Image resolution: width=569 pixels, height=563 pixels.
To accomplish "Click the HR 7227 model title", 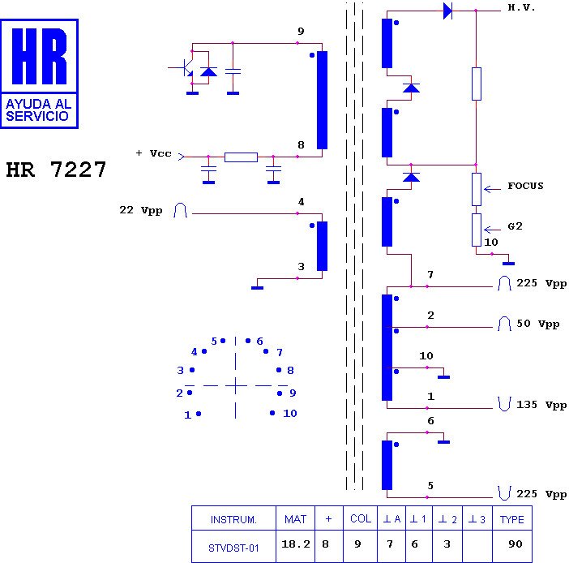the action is pyautogui.click(x=56, y=170).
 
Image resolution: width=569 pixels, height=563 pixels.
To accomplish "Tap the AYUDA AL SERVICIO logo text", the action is pyautogui.click(x=38, y=110).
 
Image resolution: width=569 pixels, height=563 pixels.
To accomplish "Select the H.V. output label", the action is pyautogui.click(x=521, y=7).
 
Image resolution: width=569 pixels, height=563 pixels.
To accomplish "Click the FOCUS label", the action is pyautogui.click(x=525, y=186).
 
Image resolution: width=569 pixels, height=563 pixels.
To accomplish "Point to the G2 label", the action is pyautogui.click(x=515, y=226).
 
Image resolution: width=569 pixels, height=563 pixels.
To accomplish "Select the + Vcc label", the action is pyautogui.click(x=153, y=153).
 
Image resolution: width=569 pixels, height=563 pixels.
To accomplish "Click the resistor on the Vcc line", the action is pyautogui.click(x=241, y=157).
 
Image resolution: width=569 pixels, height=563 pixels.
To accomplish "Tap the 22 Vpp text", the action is pyautogui.click(x=141, y=210).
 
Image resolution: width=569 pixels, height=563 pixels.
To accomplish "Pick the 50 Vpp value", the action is pyautogui.click(x=537, y=324).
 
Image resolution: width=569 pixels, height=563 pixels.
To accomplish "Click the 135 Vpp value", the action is pyautogui.click(x=541, y=405).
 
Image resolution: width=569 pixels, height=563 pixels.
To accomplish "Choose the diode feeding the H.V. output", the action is pyautogui.click(x=447, y=11).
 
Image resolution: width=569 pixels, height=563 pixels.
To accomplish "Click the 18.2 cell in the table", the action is pyautogui.click(x=296, y=544).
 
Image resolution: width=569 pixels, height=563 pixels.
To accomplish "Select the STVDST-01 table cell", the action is pyautogui.click(x=233, y=548).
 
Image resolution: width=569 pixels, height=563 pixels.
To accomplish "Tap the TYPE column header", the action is pyautogui.click(x=511, y=519).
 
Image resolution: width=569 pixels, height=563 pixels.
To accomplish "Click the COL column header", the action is pyautogui.click(x=361, y=518).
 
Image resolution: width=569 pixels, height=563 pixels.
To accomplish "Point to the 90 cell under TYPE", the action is pyautogui.click(x=516, y=544).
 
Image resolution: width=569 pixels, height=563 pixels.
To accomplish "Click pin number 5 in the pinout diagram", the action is pyautogui.click(x=214, y=341).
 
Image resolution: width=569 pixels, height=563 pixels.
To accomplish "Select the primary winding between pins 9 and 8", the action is pyautogui.click(x=322, y=101).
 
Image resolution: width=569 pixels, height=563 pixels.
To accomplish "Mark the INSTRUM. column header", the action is pyautogui.click(x=233, y=520).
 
